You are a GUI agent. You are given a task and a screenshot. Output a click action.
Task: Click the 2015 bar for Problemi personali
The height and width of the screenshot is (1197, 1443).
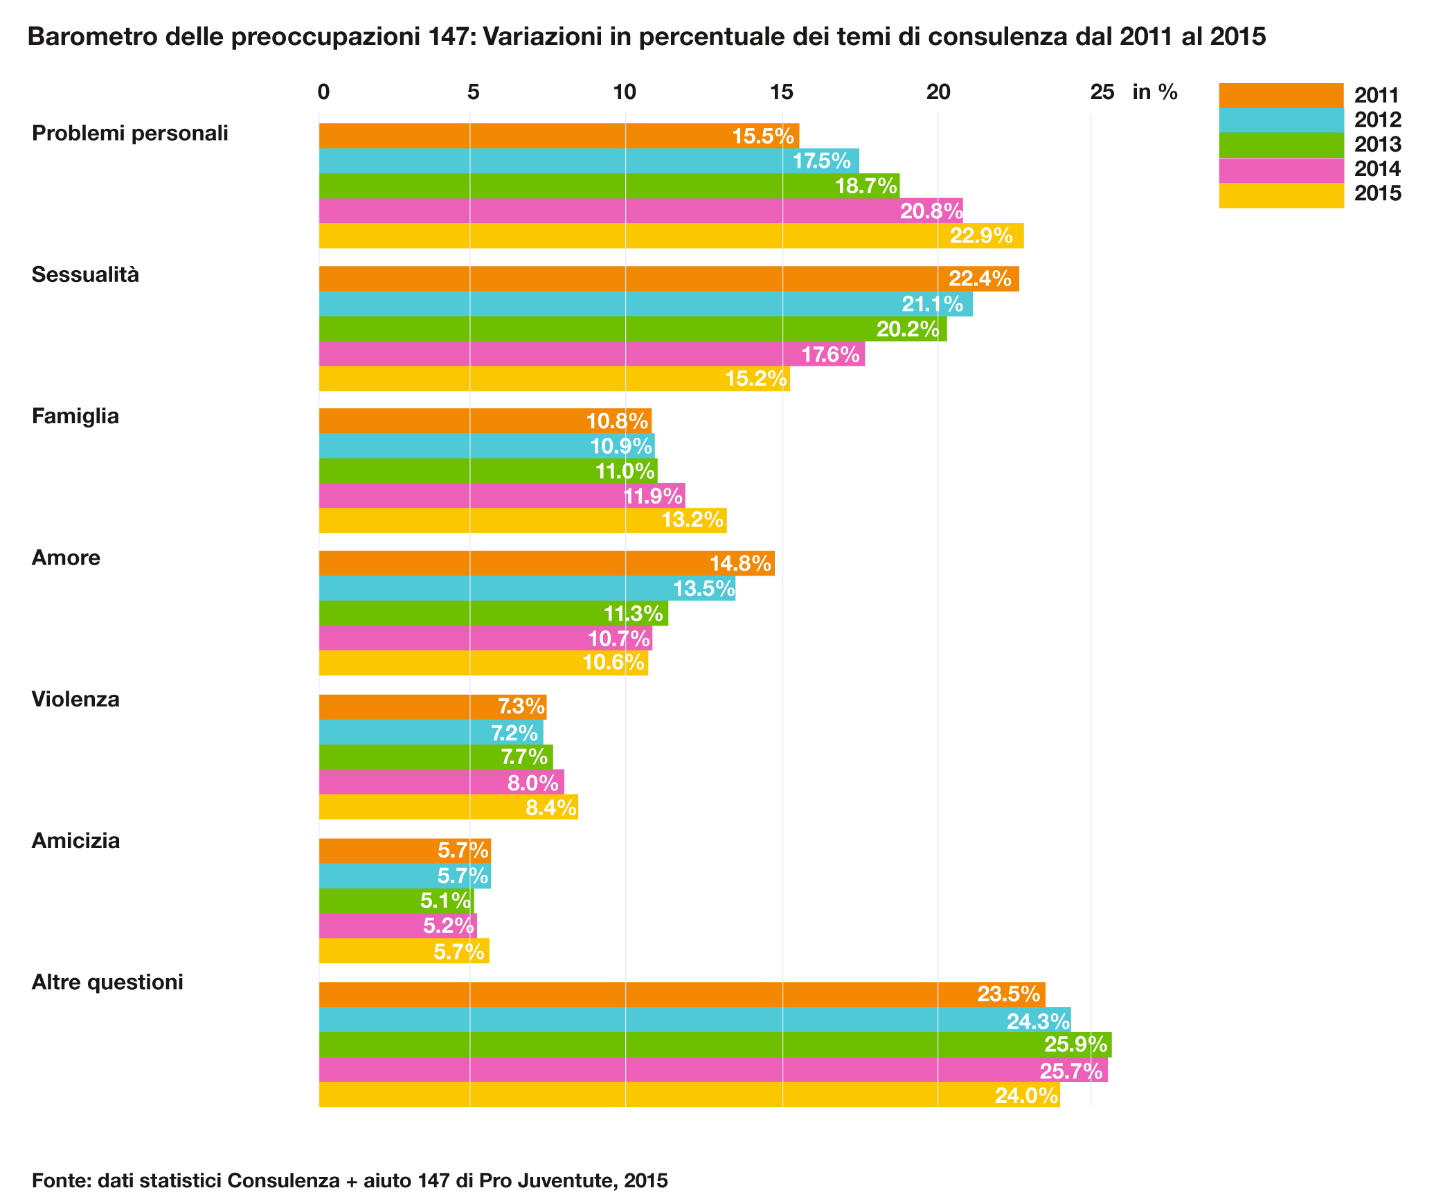coord(670,236)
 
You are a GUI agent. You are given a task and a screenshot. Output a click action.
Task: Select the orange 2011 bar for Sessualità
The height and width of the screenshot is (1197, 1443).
coord(668,278)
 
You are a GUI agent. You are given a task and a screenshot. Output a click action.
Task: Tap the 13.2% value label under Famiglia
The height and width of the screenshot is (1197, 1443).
coord(692,520)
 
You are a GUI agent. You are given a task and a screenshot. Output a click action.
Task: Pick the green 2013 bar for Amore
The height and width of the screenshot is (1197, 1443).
coord(493,613)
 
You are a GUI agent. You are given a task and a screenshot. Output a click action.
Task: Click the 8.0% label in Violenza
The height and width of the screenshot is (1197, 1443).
coord(532,783)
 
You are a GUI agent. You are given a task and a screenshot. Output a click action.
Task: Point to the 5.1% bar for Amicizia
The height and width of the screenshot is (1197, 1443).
coord(396,901)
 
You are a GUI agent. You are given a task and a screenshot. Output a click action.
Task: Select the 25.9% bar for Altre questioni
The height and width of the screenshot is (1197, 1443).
coord(715,1045)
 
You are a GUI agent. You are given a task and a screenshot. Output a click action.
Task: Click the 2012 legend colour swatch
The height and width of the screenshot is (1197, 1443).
coord(1280,120)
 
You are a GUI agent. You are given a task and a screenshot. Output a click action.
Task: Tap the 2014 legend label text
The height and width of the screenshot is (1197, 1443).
coord(1377,169)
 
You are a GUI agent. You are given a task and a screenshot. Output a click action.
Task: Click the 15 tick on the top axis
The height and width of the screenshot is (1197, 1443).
coord(782,92)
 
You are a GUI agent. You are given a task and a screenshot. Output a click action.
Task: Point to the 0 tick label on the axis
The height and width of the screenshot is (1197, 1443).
coord(323,92)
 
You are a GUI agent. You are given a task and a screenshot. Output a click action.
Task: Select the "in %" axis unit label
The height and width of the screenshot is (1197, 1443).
coord(1154,92)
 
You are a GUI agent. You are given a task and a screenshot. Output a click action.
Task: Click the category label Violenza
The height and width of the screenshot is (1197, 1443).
coord(75,699)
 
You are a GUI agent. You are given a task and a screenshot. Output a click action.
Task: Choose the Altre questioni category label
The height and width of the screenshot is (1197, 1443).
coord(107,982)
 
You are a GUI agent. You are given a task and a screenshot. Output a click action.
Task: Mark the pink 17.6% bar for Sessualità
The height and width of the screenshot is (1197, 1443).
coord(591,353)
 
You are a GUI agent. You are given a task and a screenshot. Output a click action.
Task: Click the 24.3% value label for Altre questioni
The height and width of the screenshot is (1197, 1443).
coord(1037,1021)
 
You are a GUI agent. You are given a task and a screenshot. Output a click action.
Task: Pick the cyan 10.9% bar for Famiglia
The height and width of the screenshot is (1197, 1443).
coord(486,445)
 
